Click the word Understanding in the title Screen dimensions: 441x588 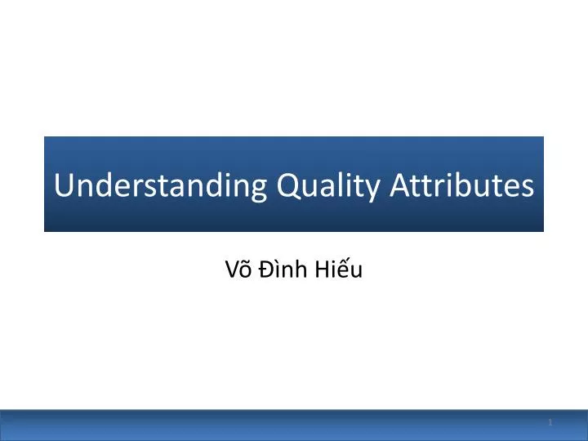pyautogui.click(x=160, y=186)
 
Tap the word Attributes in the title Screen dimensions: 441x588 pyautogui.click(x=461, y=186)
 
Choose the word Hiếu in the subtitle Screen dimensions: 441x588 pyautogui.click(x=340, y=270)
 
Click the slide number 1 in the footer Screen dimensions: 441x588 pyautogui.click(x=550, y=422)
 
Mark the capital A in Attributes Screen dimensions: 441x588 pyautogui.click(x=399, y=185)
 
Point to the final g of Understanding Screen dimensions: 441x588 pyautogui.click(x=259, y=189)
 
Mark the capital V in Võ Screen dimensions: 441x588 pyautogui.click(x=230, y=270)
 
